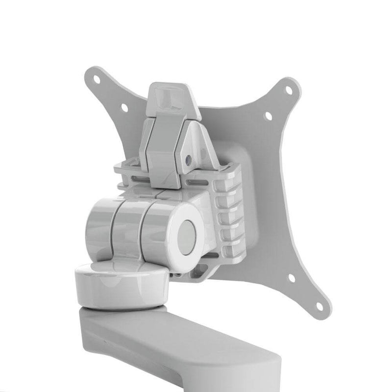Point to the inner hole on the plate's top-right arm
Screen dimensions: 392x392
(268, 116)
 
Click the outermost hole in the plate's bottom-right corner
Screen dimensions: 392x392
(319, 307)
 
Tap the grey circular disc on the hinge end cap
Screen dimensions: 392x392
(187, 237)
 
